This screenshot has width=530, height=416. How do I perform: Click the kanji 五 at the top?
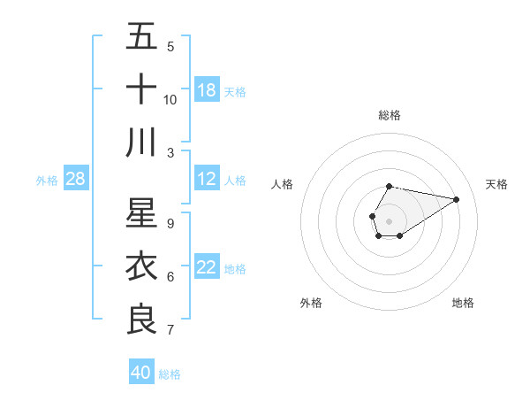(141, 37)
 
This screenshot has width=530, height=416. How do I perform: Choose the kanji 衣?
(141, 266)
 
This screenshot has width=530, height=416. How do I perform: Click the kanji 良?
(141, 320)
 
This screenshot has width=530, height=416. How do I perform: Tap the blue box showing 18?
(207, 89)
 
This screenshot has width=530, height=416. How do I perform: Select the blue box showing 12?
(207, 179)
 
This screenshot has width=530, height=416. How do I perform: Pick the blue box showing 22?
(207, 267)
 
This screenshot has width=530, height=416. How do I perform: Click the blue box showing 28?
(75, 179)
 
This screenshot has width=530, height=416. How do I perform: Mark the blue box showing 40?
(141, 373)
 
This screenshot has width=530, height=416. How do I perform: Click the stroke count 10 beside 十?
(170, 99)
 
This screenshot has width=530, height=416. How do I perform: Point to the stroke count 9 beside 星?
(170, 224)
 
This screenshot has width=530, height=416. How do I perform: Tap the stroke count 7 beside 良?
(170, 330)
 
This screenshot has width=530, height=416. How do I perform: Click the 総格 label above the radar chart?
(389, 115)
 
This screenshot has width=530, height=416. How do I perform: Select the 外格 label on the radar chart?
(311, 303)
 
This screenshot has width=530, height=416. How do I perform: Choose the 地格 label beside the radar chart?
(463, 303)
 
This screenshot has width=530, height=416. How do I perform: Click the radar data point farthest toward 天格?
(456, 198)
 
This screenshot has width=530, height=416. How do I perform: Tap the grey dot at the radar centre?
(389, 220)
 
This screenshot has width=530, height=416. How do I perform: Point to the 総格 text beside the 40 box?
(170, 374)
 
